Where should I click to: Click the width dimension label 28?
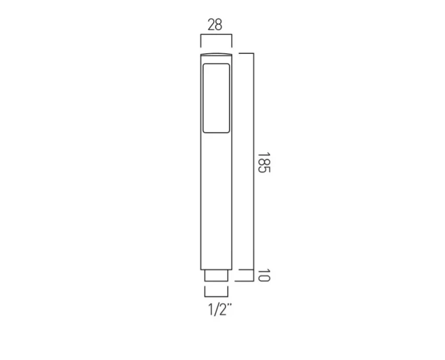coord(214,24)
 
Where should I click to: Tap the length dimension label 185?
coord(264,163)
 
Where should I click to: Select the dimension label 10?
coord(264,275)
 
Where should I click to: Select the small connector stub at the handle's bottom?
coord(216,275)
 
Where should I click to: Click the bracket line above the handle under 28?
coord(216,35)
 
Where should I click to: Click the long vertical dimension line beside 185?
coord(254,162)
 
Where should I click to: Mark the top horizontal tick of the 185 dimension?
coord(246,53)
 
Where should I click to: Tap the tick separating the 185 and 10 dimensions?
coord(246,270)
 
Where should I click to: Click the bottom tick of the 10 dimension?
coord(246,282)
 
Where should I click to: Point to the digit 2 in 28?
coord(210,24)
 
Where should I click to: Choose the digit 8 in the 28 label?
coord(219,24)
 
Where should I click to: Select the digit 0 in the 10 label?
coord(264,278)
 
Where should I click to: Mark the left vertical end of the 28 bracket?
coord(200,41)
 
